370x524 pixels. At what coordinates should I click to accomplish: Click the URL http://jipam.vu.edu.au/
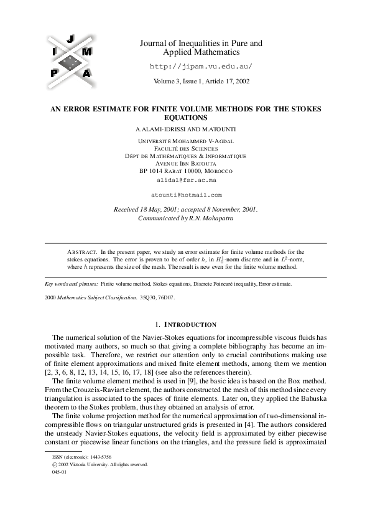201,65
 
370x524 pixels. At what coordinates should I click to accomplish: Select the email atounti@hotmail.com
187,194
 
